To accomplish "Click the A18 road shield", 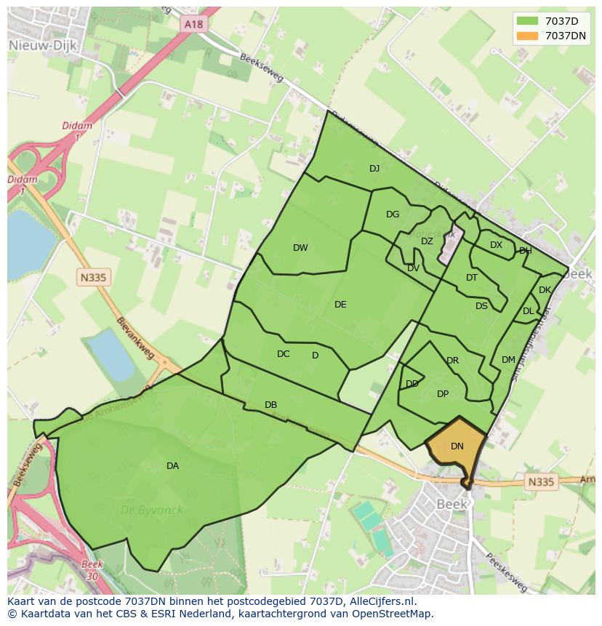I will (193, 24).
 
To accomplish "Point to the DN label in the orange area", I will (457, 446).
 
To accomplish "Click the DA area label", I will (172, 466).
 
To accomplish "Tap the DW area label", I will (300, 248).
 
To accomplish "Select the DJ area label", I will (374, 169).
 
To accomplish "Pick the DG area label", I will (393, 214).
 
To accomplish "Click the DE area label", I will (340, 305).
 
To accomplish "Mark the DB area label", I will (270, 405).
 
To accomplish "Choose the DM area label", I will (508, 360).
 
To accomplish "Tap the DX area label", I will (496, 245).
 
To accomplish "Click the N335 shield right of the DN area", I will (539, 481).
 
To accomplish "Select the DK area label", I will (545, 290).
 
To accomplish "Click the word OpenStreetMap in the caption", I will (393, 614).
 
